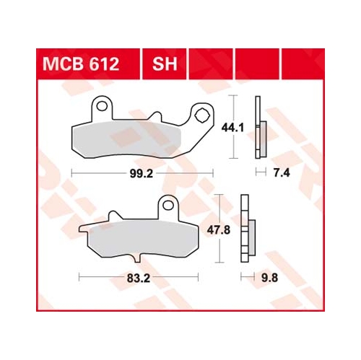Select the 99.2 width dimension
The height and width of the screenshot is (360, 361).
click(x=142, y=172)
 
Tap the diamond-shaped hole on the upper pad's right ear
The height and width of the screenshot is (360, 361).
click(x=202, y=113)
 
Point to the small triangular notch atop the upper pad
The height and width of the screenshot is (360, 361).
click(x=155, y=116)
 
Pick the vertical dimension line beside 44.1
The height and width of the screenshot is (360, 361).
click(x=233, y=126)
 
